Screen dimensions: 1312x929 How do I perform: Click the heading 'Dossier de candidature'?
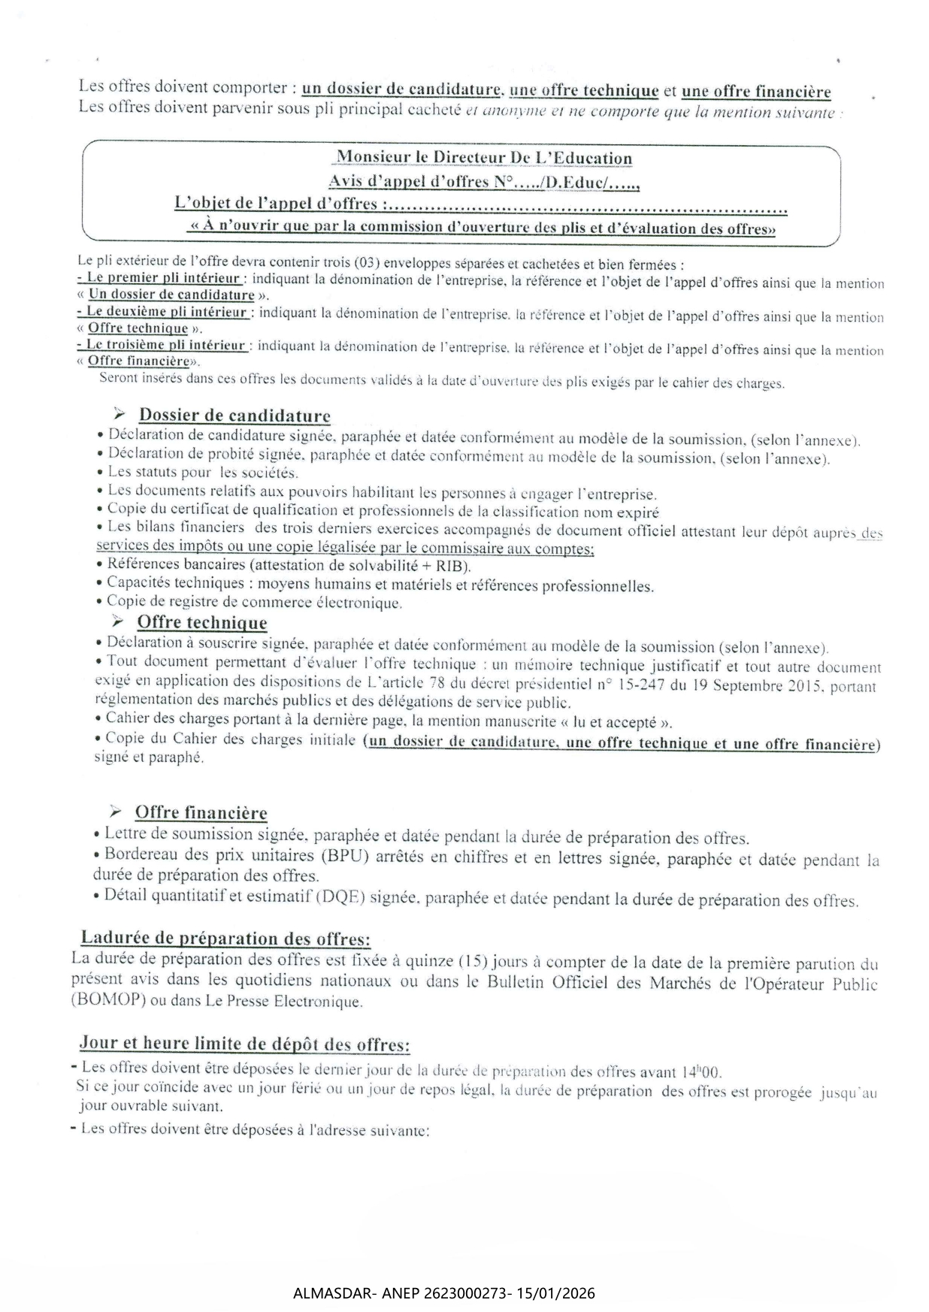(235, 416)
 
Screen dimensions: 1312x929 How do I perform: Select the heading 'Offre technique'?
(201, 622)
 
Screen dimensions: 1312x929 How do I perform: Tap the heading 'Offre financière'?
(201, 812)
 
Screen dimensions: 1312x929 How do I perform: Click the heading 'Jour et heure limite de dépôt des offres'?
(244, 1044)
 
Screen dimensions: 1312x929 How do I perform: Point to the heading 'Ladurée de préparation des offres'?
(225, 939)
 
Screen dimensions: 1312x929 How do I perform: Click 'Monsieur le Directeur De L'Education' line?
(483, 158)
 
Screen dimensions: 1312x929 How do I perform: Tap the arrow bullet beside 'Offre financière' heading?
(115, 812)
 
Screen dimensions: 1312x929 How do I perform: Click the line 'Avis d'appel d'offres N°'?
(483, 182)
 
